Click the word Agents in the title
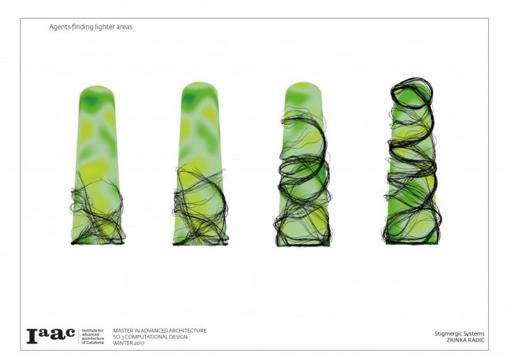tap(58, 27)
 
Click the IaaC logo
tap(51, 336)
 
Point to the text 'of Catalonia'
tap(93, 343)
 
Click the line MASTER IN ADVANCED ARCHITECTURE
tap(160, 331)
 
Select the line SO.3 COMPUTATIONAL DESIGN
tap(151, 337)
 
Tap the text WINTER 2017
tap(128, 343)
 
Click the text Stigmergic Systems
tap(459, 333)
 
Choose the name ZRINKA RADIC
tap(466, 340)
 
